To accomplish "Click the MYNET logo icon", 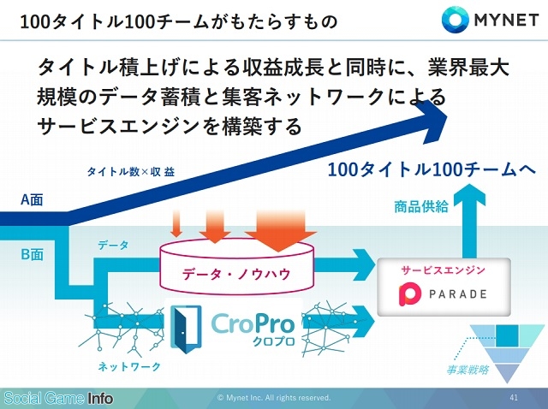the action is [x=455, y=19].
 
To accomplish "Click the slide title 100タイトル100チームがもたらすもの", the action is [x=179, y=21].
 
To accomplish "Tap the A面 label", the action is [x=32, y=199].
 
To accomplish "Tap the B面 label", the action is [x=33, y=254].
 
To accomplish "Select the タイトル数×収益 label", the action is [x=131, y=171].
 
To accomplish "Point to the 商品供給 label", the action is [x=420, y=206].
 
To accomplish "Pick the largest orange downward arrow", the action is [x=281, y=230].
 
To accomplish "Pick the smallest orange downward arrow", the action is [x=177, y=224].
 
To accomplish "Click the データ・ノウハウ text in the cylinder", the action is [x=236, y=274].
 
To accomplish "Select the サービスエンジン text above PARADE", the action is [x=443, y=270].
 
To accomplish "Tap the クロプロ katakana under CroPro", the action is [x=274, y=341].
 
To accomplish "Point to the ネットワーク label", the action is [x=129, y=366].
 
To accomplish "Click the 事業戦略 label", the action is [x=468, y=369].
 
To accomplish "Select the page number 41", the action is [x=514, y=397].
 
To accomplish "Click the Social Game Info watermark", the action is [x=58, y=398].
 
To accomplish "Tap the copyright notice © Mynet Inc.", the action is [x=274, y=398].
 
